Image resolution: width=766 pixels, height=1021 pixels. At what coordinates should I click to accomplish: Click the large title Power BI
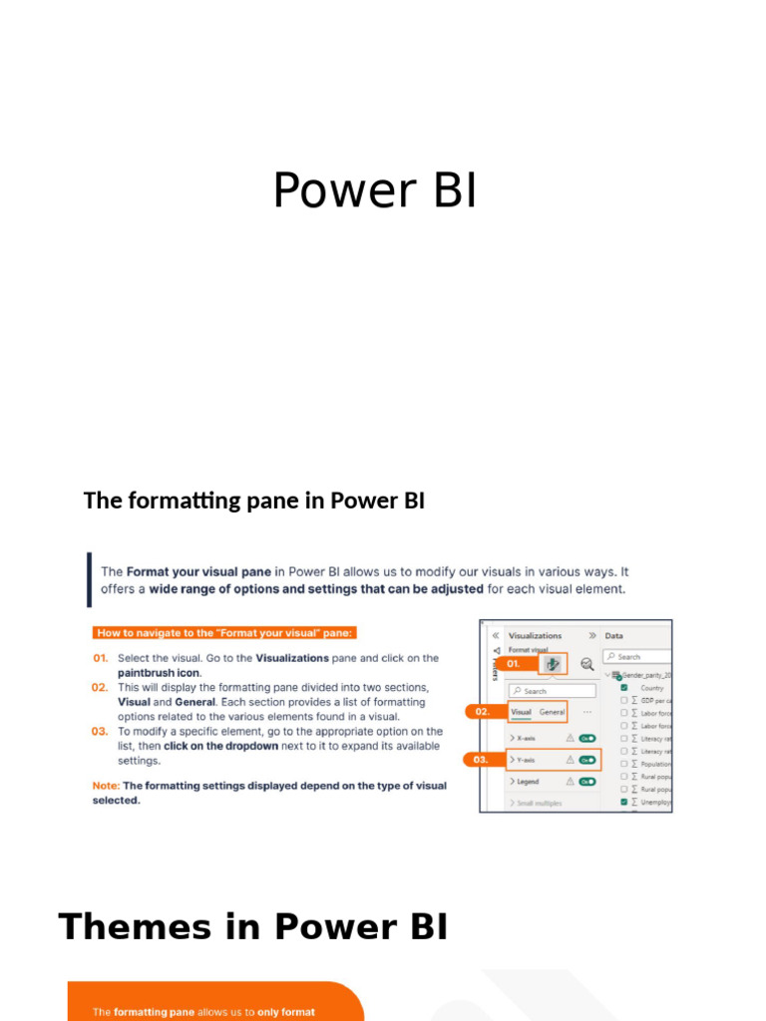[x=375, y=190]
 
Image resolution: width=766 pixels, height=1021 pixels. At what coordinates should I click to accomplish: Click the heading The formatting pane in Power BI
[x=254, y=501]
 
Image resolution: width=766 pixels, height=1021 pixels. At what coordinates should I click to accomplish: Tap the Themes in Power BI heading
[x=253, y=927]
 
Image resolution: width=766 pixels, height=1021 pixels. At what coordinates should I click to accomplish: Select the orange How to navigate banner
[x=224, y=632]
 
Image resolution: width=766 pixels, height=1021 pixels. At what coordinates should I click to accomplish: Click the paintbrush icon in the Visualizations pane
[x=553, y=663]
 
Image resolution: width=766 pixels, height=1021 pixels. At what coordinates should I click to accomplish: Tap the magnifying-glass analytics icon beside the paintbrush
[x=587, y=664]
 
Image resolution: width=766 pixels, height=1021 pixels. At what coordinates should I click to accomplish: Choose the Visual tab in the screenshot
[x=521, y=712]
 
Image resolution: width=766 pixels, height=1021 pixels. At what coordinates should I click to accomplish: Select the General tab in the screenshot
[x=552, y=712]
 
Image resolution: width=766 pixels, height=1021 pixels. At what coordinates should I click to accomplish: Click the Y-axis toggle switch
[x=587, y=760]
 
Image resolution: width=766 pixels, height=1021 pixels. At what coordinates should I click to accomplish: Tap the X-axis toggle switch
[x=587, y=738]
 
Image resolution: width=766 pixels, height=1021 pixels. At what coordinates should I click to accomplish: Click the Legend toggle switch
[x=587, y=782]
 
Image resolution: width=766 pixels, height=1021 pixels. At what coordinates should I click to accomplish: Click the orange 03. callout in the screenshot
[x=482, y=760]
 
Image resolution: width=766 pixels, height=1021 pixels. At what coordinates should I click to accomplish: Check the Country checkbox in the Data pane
[x=624, y=688]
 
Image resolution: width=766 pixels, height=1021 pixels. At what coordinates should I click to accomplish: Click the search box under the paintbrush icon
[x=552, y=690]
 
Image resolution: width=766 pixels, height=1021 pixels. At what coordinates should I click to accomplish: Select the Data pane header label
[x=614, y=635]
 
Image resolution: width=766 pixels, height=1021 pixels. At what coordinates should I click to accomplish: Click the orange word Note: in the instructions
[x=106, y=786]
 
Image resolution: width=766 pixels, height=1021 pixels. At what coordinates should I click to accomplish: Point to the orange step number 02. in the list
[x=100, y=687]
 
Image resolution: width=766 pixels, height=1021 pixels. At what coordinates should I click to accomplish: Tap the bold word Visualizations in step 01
[x=292, y=658]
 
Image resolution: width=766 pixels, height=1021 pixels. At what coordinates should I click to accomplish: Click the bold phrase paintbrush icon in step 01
[x=160, y=673]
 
